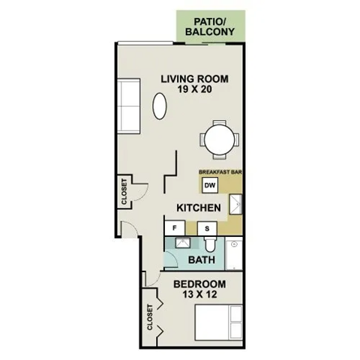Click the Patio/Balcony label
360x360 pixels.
(x=212, y=26)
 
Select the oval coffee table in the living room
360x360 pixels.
(x=160, y=106)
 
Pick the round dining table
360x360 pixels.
(x=219, y=139)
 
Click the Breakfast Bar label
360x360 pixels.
(x=219, y=172)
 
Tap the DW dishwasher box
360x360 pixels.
(x=210, y=185)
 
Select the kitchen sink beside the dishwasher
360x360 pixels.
(x=235, y=202)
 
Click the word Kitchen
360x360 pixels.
(x=198, y=207)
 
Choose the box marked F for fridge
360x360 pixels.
(x=175, y=227)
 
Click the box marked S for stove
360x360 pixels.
(x=207, y=227)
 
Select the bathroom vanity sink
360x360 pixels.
(x=183, y=244)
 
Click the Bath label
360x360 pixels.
(x=202, y=260)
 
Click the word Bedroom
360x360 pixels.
(x=199, y=284)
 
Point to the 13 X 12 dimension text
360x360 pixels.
(x=199, y=295)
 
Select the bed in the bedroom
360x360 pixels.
(x=219, y=322)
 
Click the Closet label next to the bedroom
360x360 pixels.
(x=151, y=316)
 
